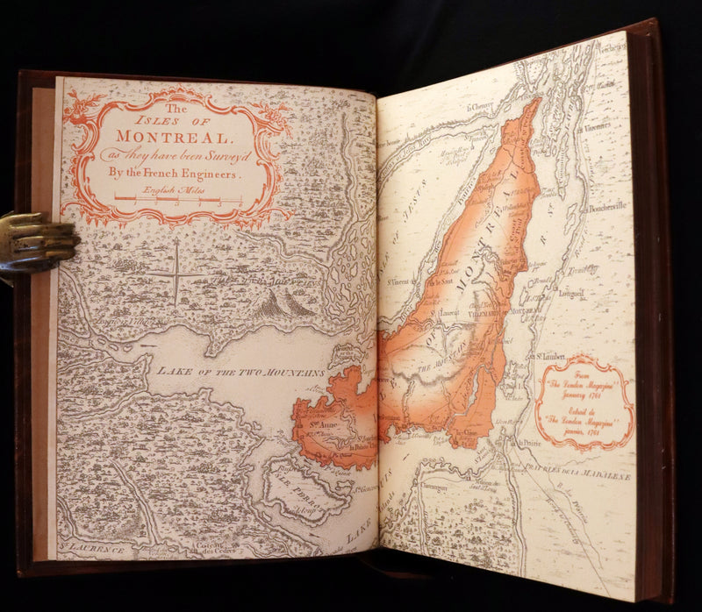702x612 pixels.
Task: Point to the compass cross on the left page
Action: coord(175,274)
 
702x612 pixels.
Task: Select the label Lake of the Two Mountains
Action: coord(240,372)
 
